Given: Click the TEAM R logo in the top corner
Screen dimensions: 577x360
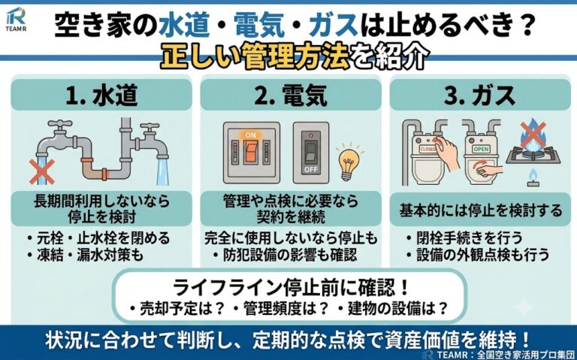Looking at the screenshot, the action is pyautogui.click(x=17, y=19).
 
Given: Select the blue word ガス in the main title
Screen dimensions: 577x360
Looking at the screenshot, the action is pyautogui.click(x=334, y=26).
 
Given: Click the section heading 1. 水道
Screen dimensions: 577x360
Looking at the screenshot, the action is pyautogui.click(x=101, y=95).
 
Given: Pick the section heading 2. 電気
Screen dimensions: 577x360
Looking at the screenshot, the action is pyautogui.click(x=291, y=95).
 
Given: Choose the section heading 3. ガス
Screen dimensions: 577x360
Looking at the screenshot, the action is pyautogui.click(x=480, y=95).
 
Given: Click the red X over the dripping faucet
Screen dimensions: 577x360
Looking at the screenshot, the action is pyautogui.click(x=42, y=171).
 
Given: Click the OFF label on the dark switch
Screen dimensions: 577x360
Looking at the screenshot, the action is pyautogui.click(x=311, y=170).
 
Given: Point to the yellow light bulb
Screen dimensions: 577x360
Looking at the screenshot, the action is pyautogui.click(x=349, y=162).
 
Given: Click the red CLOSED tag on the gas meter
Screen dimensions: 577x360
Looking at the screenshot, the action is pyautogui.click(x=428, y=149).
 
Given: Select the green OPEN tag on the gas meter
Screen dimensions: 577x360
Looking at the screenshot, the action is pyautogui.click(x=481, y=149).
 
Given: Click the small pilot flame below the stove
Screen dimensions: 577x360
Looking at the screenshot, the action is pyautogui.click(x=533, y=177).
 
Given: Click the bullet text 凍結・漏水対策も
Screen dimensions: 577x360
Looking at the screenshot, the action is pyautogui.click(x=85, y=255).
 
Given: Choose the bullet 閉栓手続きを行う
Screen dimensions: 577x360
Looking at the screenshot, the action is pyautogui.click(x=464, y=237).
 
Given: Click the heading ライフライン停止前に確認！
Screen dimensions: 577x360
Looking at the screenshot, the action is pyautogui.click(x=291, y=288).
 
